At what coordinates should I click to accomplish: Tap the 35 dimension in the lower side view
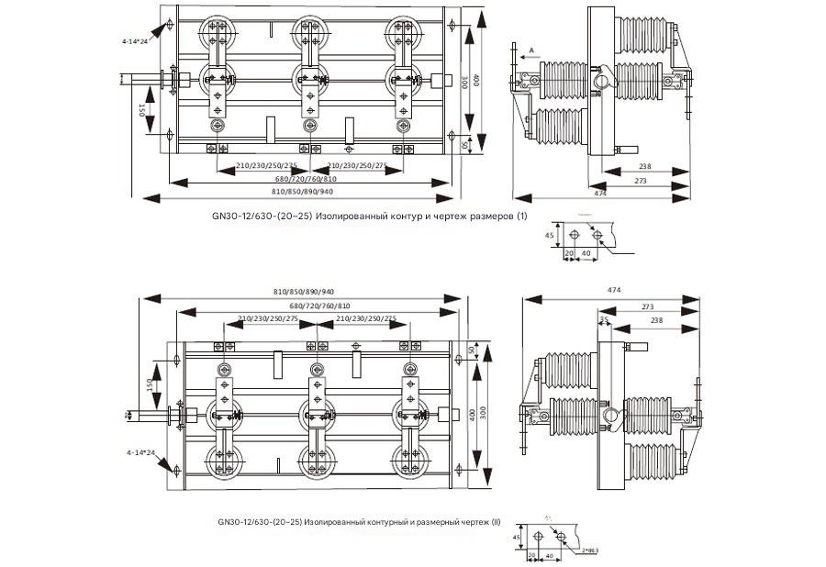pos(604,319)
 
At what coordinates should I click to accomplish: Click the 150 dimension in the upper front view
pos(143,111)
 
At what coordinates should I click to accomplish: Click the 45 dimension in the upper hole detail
pos(550,237)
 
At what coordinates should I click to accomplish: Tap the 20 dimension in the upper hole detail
pos(568,252)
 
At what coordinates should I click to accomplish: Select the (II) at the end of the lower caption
pos(496,521)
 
